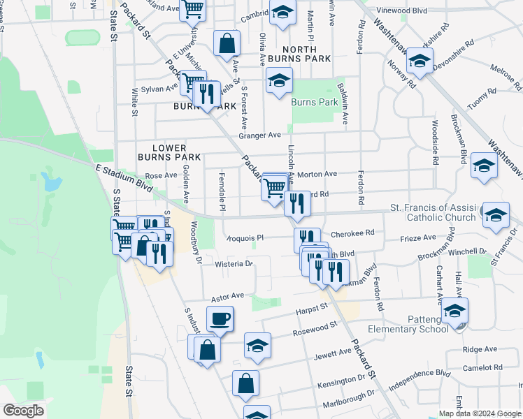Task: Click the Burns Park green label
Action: tap(315, 102)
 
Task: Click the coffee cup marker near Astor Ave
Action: tap(221, 320)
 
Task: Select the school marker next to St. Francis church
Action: tap(496, 215)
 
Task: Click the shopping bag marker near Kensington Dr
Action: tap(245, 383)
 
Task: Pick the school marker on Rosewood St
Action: tap(257, 346)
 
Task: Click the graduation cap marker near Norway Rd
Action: tap(420, 61)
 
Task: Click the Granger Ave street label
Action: tap(261, 135)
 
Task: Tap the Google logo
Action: tap(23, 411)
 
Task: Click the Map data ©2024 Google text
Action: tap(479, 413)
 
